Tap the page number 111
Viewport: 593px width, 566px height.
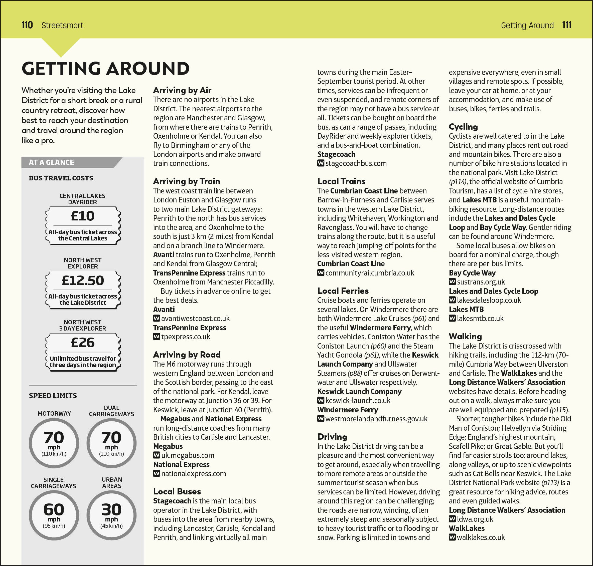click(x=567, y=25)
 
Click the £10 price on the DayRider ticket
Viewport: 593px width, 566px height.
click(x=82, y=216)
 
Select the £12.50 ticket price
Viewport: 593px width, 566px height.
click(x=82, y=280)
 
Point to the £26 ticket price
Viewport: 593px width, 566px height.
click(x=82, y=343)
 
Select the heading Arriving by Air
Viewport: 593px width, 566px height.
click(x=182, y=90)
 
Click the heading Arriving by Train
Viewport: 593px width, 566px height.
click(x=186, y=181)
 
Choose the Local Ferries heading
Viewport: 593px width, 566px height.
click(x=343, y=291)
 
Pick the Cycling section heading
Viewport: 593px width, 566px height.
click(x=463, y=127)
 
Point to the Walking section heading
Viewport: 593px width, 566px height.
click(x=465, y=336)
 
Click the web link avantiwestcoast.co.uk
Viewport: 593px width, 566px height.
click(x=195, y=319)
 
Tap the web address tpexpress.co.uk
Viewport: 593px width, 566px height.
click(x=185, y=337)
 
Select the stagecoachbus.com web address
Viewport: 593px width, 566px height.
click(x=356, y=164)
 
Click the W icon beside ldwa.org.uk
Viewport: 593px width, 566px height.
click(x=452, y=519)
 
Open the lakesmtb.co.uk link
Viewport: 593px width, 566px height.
click(x=480, y=319)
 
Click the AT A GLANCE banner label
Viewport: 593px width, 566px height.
click(x=51, y=163)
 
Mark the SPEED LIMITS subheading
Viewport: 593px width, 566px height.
click(x=53, y=396)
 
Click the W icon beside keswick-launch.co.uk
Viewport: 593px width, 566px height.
click(x=321, y=400)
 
